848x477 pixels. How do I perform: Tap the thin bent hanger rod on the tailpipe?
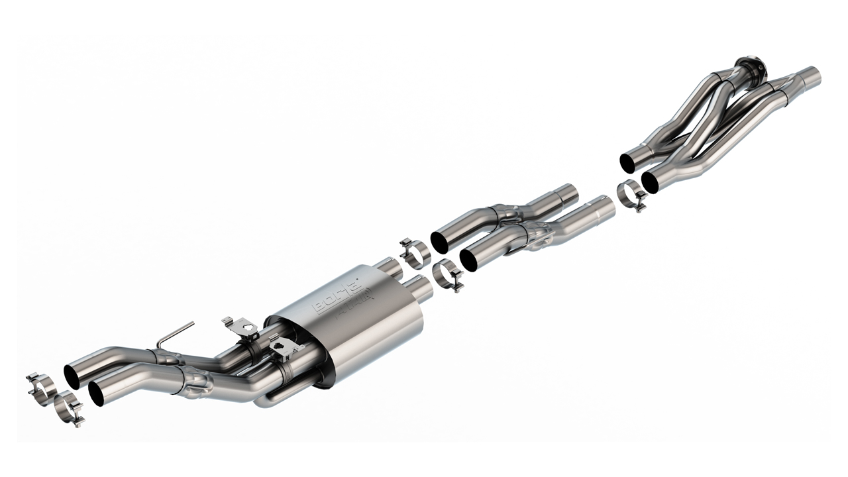click(x=175, y=334)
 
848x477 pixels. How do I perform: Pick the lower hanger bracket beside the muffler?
click(x=285, y=345)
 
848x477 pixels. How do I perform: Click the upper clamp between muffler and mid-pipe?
click(x=415, y=253)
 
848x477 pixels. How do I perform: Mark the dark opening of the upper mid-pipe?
click(x=439, y=242)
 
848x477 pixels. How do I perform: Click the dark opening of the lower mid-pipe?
click(x=469, y=260)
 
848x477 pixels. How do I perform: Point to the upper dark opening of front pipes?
click(x=627, y=162)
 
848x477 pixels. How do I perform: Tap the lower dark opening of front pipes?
click(x=650, y=182)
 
